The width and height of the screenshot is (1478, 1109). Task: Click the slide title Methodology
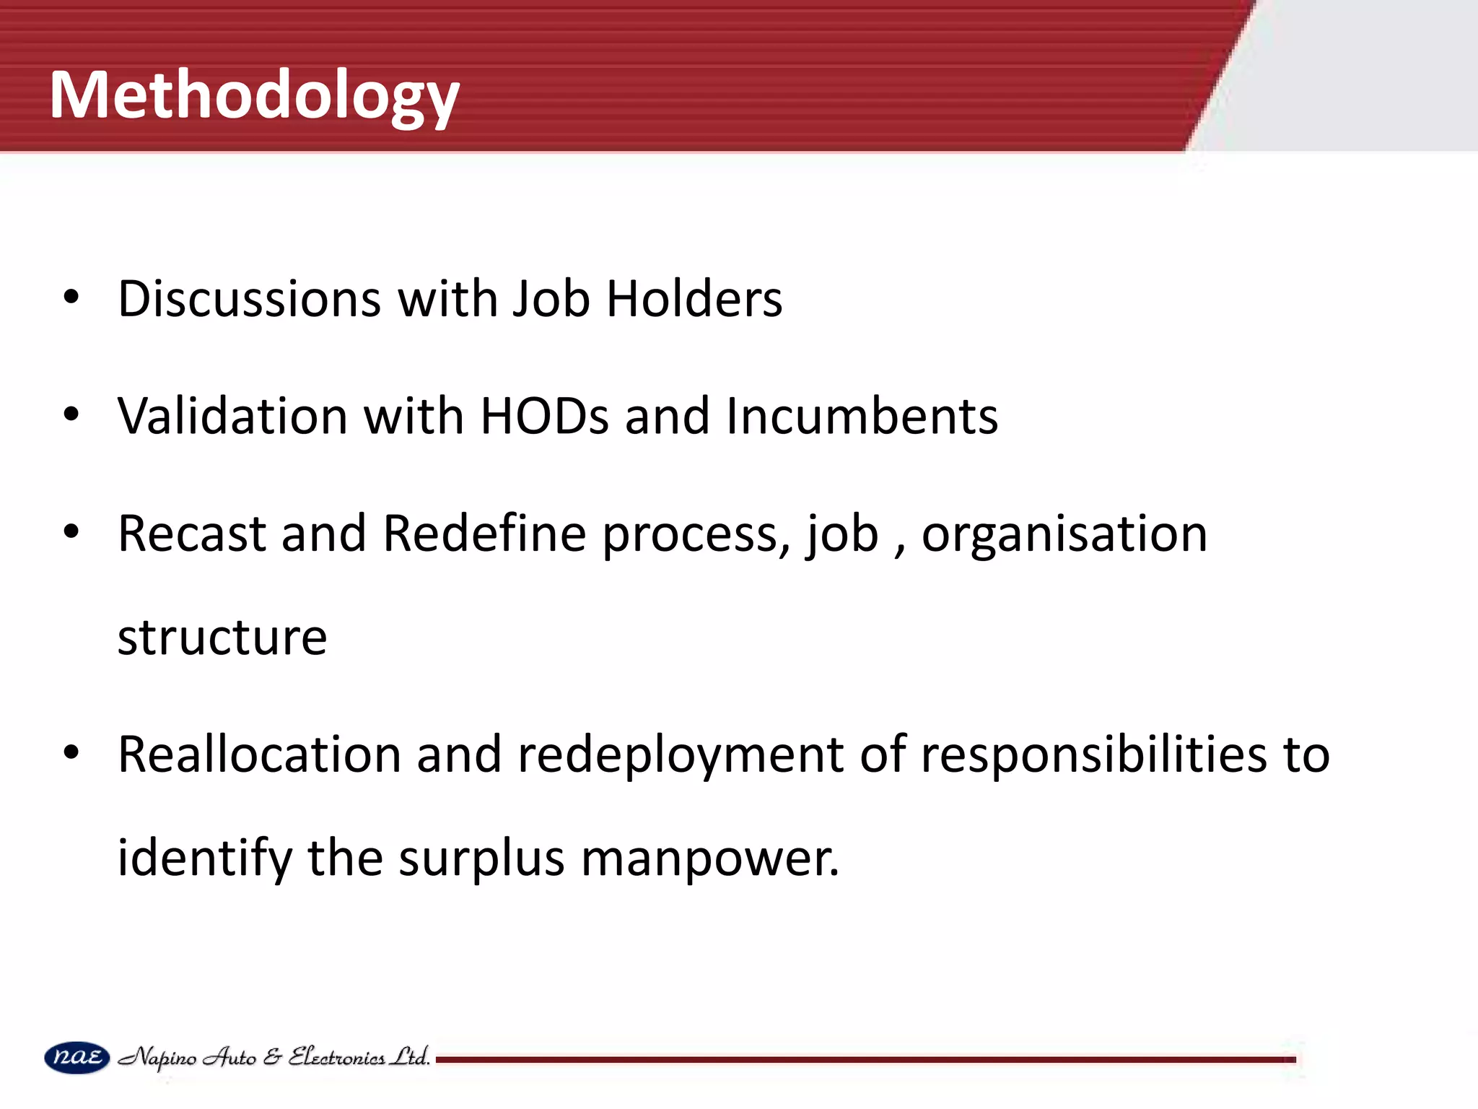pos(254,95)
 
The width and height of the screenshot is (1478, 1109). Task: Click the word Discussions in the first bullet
pos(249,298)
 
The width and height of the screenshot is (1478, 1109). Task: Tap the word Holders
pos(694,298)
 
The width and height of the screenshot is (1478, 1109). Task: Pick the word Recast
pos(192,534)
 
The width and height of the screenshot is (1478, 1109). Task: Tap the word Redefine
pos(484,534)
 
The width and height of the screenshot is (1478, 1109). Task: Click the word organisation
pos(1064,535)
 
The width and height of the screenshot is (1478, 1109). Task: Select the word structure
pos(222,638)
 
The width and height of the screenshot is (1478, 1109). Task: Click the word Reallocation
pos(259,754)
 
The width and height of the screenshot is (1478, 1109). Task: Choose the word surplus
pos(481,859)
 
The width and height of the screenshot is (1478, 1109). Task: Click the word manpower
pos(710,859)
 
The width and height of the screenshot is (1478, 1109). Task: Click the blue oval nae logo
pos(77,1058)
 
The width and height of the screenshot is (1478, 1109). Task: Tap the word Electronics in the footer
pos(336,1057)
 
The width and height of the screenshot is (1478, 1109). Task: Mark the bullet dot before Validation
pos(71,415)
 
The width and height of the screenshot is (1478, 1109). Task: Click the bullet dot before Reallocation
pos(71,753)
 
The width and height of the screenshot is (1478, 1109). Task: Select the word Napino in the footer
pos(157,1058)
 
